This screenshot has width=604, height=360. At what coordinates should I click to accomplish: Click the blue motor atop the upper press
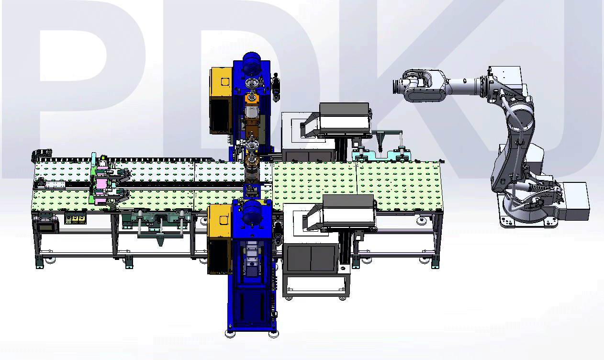(252, 63)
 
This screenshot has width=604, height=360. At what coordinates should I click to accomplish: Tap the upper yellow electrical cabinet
(221, 82)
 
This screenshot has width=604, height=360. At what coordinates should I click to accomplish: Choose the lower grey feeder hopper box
(348, 212)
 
